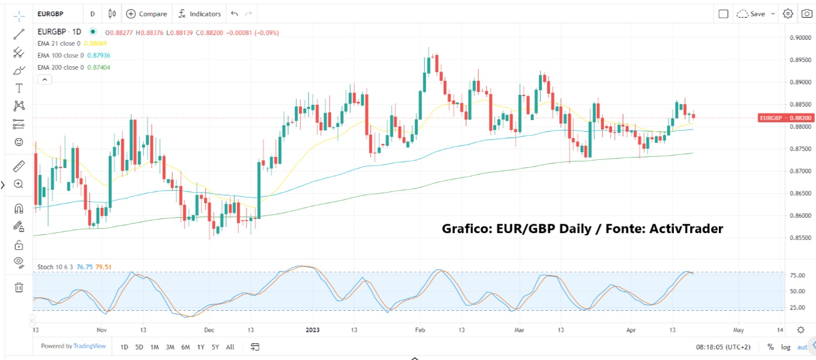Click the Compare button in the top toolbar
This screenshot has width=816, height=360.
(146, 13)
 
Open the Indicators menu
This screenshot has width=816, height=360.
(200, 13)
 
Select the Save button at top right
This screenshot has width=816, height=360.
(752, 13)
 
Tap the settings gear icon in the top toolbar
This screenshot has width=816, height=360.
(788, 13)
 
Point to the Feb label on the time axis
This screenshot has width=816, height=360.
(419, 330)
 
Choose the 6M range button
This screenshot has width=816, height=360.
(185, 347)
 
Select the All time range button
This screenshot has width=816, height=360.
(230, 347)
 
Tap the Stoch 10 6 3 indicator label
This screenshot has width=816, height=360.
(55, 267)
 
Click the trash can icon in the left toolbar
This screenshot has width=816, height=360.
(19, 287)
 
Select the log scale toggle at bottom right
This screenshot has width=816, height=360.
(786, 347)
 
